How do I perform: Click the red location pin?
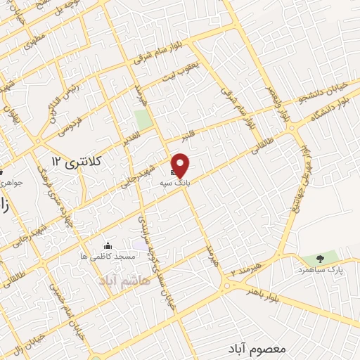(x=181, y=165)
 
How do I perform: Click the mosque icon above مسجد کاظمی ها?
(x=108, y=245)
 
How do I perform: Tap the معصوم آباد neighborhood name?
(x=256, y=348)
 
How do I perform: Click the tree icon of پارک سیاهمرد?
(x=321, y=259)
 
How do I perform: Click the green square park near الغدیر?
(x=143, y=120)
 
